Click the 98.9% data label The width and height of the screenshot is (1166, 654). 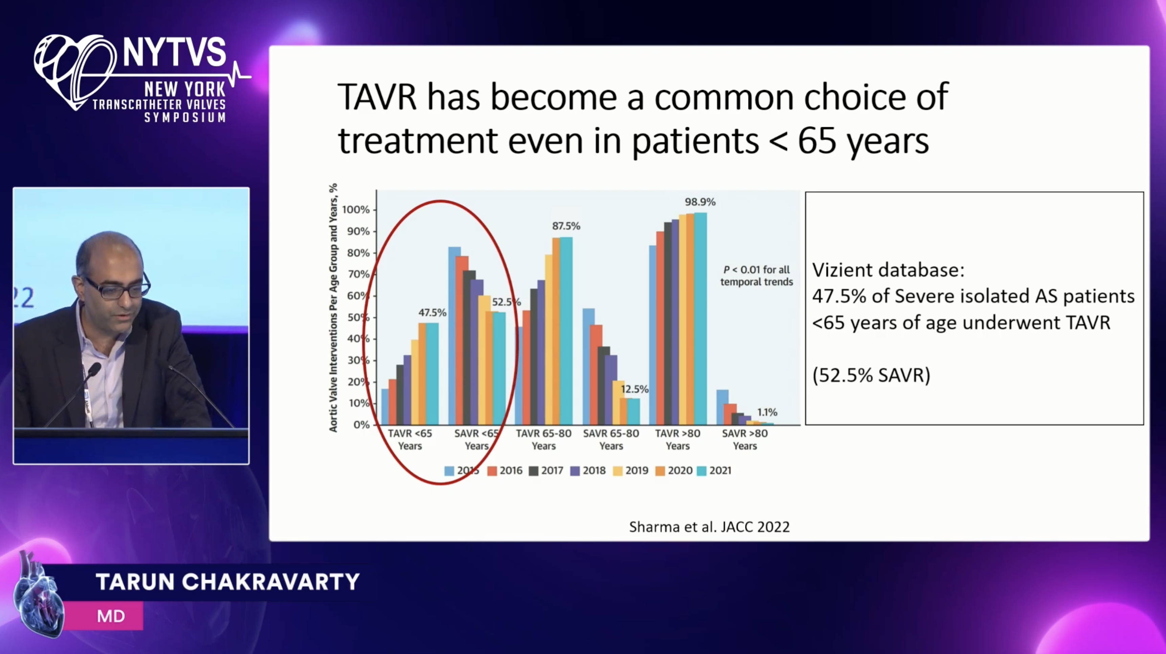tap(700, 202)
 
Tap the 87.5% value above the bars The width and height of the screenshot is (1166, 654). tap(566, 226)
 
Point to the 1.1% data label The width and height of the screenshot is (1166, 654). tap(767, 412)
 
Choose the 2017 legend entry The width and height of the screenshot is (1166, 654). tap(546, 470)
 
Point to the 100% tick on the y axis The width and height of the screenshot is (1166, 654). tap(356, 209)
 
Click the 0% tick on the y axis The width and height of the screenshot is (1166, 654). tap(361, 425)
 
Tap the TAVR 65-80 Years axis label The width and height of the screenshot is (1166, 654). tap(544, 440)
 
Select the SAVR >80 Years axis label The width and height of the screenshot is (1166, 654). tap(745, 440)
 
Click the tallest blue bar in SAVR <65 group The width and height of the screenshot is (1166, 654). tap(454, 335)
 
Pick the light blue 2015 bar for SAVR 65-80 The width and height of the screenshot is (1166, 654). tap(588, 366)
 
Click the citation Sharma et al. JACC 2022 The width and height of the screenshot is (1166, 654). tap(709, 527)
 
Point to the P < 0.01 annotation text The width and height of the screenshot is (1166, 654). tap(756, 276)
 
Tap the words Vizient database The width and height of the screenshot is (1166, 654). tap(888, 270)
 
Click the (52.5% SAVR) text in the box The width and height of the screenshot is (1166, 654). tap(871, 375)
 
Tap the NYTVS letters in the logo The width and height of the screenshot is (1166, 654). tap(174, 52)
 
